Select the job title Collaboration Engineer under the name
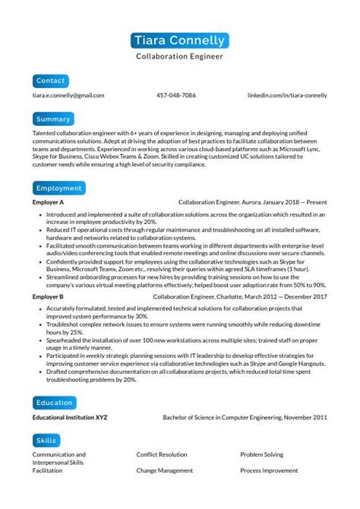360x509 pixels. pyautogui.click(x=180, y=56)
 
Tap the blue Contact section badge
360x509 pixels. pyautogui.click(x=51, y=80)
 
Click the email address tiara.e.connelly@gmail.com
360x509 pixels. pyautogui.click(x=68, y=96)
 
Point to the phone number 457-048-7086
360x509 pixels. pyautogui.click(x=176, y=96)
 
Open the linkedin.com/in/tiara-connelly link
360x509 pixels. pyautogui.click(x=288, y=96)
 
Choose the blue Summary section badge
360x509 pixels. pyautogui.click(x=53, y=119)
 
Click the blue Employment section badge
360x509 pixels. pyautogui.click(x=59, y=188)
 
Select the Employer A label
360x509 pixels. pyautogui.click(x=48, y=203)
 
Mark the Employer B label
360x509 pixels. pyautogui.click(x=48, y=296)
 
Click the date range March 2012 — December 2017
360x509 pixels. pyautogui.click(x=289, y=296)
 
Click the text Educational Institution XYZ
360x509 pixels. pyautogui.click(x=70, y=417)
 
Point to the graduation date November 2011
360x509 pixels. pyautogui.click(x=303, y=417)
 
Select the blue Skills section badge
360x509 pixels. pyautogui.click(x=47, y=440)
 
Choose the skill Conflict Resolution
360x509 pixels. pyautogui.click(x=162, y=454)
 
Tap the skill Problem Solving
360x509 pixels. pyautogui.click(x=262, y=454)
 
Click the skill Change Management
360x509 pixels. pyautogui.click(x=163, y=471)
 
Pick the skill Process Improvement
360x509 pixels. pyautogui.click(x=270, y=471)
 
